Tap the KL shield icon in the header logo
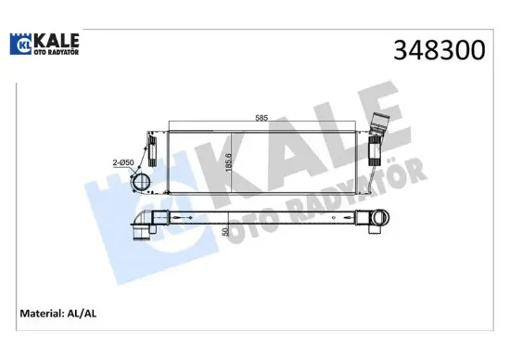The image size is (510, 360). tap(21, 43)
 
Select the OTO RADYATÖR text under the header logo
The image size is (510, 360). tap(56, 52)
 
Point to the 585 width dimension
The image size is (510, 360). tap(263, 118)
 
